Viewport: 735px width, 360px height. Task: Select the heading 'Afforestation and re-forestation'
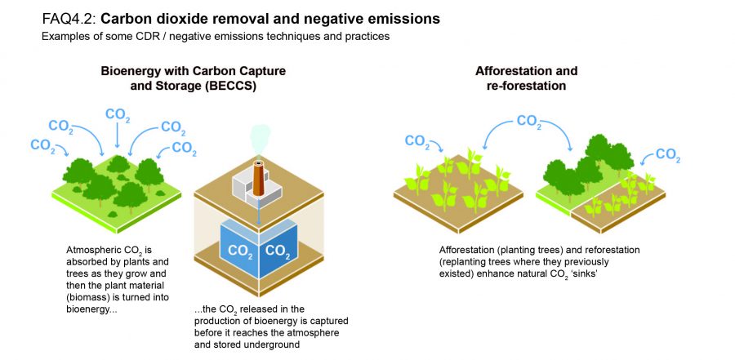coord(526,78)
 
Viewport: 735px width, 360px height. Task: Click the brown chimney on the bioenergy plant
coord(259,180)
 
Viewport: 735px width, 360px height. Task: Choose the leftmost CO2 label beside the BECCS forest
coord(42,146)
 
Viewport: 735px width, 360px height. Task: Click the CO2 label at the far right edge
coord(668,155)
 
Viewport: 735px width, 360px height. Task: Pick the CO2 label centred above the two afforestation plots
coord(528,122)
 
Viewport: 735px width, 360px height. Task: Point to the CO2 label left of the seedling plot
coord(417,142)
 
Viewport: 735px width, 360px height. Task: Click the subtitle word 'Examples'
coord(63,37)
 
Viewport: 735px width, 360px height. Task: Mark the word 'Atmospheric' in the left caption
coord(97,248)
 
